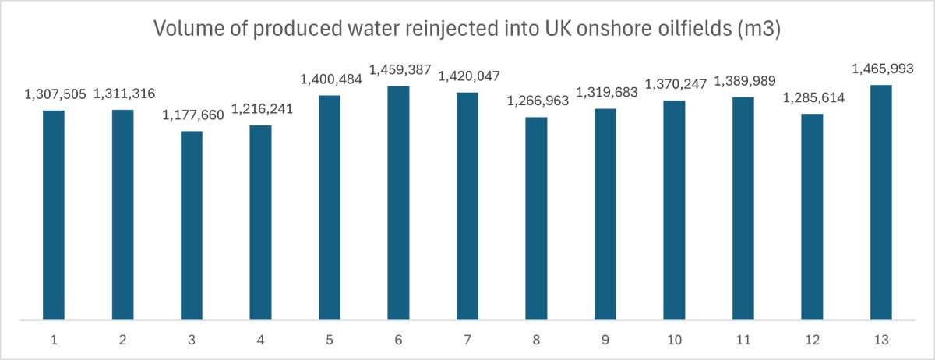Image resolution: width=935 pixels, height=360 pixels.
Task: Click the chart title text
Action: pyautogui.click(x=467, y=30)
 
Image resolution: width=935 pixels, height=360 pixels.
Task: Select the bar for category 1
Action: pyautogui.click(x=54, y=215)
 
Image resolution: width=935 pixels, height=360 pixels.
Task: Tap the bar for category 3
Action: pyautogui.click(x=192, y=225)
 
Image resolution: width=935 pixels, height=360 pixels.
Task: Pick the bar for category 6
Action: pyautogui.click(x=399, y=203)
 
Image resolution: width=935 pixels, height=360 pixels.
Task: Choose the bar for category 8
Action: pyautogui.click(x=536, y=218)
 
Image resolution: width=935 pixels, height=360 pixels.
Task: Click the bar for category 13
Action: pyautogui.click(x=881, y=202)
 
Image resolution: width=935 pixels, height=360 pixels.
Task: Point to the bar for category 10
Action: pyautogui.click(x=675, y=210)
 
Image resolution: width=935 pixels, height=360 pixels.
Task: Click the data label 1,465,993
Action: pyautogui.click(x=881, y=69)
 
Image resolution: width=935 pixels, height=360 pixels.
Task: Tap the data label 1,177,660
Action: pyautogui.click(x=192, y=116)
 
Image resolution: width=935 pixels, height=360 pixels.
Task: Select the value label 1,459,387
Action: pyautogui.click(x=399, y=71)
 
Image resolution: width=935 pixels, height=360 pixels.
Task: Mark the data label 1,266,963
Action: pyautogui.click(x=536, y=102)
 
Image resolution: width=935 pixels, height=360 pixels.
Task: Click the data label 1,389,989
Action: pyautogui.click(x=744, y=83)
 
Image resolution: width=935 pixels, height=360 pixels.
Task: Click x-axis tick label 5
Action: pyautogui.click(x=330, y=341)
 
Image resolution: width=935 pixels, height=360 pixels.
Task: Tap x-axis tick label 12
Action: pyautogui.click(x=813, y=341)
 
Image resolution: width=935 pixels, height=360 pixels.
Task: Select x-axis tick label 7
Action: pyautogui.click(x=467, y=341)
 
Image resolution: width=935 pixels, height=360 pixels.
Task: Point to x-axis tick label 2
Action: pyautogui.click(x=123, y=341)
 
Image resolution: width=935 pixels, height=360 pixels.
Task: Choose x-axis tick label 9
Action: pyautogui.click(x=605, y=341)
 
